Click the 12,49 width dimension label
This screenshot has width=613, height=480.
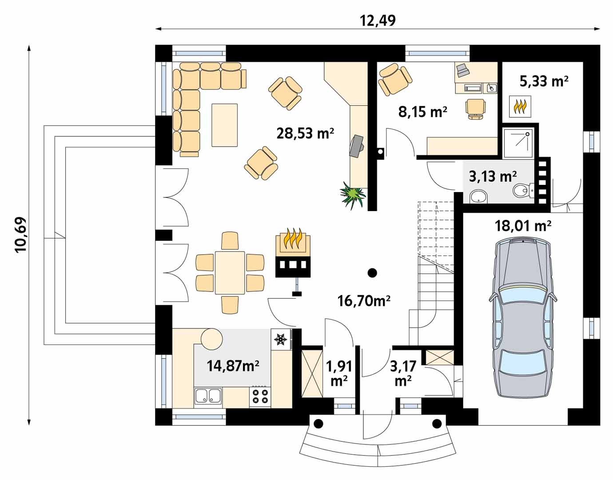click(x=378, y=20)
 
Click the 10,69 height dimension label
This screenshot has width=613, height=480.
click(x=21, y=235)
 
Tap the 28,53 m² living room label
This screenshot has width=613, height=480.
click(x=305, y=133)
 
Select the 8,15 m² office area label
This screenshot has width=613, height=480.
click(x=422, y=112)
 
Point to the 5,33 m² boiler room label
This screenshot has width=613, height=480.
click(x=544, y=81)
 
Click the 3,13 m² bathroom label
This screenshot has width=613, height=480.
click(x=493, y=176)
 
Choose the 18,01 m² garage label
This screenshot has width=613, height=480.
click(x=523, y=226)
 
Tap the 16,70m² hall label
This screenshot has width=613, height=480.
click(x=364, y=301)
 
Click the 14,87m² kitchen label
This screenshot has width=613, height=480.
click(x=233, y=366)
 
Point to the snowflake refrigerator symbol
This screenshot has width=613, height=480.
click(x=281, y=339)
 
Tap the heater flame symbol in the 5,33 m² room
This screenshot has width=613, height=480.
click(x=520, y=106)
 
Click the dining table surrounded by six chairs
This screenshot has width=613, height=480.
click(x=230, y=273)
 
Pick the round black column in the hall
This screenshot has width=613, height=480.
click(x=372, y=272)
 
